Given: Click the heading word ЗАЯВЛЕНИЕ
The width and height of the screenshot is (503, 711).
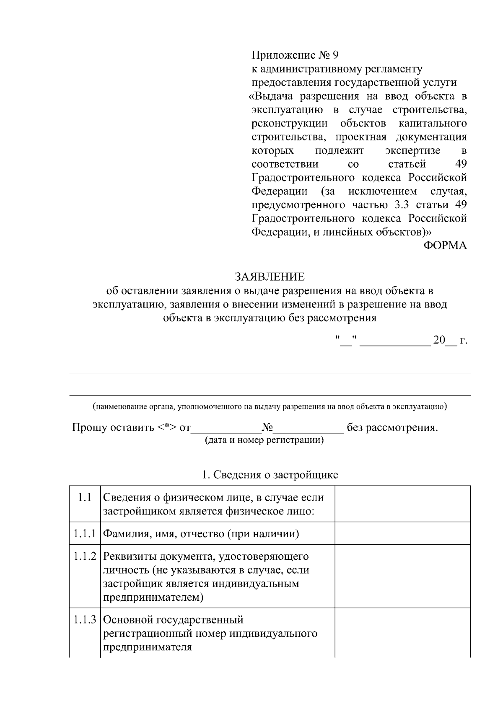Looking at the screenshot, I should click(x=270, y=277).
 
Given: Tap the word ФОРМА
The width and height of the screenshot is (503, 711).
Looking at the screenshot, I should click(x=445, y=246).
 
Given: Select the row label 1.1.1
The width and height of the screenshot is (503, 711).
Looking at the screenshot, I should click(x=85, y=534).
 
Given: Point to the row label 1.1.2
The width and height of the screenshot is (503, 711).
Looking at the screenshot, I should click(x=85, y=556).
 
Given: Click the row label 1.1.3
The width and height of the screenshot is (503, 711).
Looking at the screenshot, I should click(x=85, y=619).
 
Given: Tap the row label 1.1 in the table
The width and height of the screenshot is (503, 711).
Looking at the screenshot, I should click(x=85, y=497).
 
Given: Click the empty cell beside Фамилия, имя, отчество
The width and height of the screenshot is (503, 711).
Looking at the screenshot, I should click(x=402, y=533).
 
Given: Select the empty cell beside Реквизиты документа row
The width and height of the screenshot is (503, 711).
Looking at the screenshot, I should click(x=402, y=576).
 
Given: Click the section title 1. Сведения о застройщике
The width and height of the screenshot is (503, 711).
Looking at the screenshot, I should click(x=270, y=475).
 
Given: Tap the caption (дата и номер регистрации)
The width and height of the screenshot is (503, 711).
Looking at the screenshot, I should click(x=264, y=441).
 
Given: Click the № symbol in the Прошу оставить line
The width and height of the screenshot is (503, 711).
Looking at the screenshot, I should click(x=267, y=428).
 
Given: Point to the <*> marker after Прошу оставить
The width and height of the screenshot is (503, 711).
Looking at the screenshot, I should click(x=167, y=428).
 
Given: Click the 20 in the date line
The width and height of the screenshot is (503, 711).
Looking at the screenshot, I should click(x=439, y=340).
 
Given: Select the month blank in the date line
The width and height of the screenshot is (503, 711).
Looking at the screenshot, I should click(x=395, y=341).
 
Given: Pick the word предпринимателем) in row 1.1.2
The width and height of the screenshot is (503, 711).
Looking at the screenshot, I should click(x=153, y=597).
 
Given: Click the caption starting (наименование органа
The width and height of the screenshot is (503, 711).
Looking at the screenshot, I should click(x=270, y=406).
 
